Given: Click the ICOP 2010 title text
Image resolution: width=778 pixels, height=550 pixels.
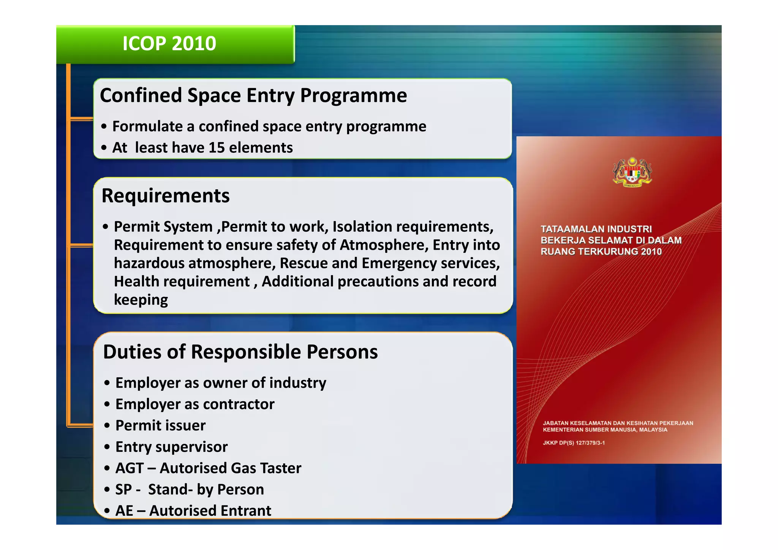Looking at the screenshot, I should coord(169,44).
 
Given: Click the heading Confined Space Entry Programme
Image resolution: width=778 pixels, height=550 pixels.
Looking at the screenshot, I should coord(253,95).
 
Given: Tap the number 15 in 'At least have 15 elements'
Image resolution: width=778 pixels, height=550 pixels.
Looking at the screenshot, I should coord(217,148).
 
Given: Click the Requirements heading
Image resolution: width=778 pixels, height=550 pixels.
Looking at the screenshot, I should coord(166,196).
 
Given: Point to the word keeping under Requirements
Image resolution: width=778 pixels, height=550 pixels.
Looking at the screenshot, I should coord(141,300).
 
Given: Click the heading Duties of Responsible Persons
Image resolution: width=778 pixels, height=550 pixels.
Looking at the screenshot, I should coord(240,352).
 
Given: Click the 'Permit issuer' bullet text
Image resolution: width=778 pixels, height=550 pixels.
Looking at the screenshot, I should coord(160,426).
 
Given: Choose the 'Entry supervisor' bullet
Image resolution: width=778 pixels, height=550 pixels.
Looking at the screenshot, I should coord(171,447).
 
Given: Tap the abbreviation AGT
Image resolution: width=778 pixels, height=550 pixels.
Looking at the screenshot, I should coord(130,468).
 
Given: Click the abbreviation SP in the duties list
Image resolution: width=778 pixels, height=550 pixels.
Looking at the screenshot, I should coord(123,490).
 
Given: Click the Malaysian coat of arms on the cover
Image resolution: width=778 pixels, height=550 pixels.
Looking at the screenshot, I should coord(632,172).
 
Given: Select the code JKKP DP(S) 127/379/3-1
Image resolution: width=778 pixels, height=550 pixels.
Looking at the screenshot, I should coord(574,443).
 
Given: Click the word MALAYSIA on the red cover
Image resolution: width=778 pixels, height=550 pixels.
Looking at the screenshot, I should coord(653,430).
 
